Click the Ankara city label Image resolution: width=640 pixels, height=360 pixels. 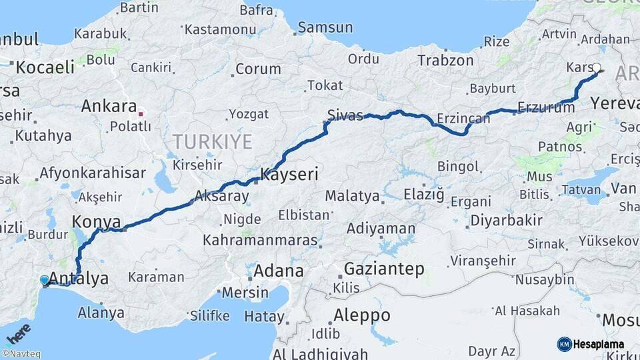coord(109,106)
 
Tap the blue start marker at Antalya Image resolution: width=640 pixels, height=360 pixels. coord(45,281)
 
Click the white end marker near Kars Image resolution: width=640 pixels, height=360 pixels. coord(597,67)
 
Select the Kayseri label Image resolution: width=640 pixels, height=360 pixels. coord(289,175)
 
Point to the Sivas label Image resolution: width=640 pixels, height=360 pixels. coord(345,115)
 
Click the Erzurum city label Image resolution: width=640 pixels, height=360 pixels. coord(546,108)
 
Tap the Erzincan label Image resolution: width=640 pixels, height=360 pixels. coord(463,119)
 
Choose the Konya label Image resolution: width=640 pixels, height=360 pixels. coord(97,222)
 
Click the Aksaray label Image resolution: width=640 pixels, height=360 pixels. coord(221,197)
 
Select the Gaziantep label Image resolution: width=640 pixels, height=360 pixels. coord(384,269)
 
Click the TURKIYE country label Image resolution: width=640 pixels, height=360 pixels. coord(213,141)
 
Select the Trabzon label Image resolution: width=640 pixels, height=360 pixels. coord(445,60)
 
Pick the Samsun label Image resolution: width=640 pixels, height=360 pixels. coord(325,28)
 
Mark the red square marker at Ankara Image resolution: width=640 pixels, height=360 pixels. coord(141,113)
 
